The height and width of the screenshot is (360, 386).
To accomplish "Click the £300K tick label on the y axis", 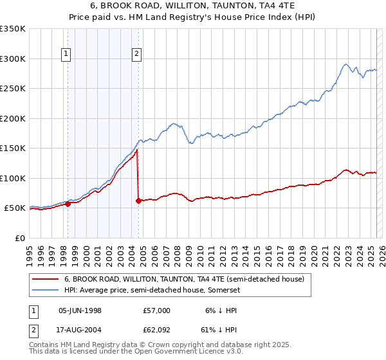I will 13,59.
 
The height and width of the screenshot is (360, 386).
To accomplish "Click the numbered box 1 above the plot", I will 67,55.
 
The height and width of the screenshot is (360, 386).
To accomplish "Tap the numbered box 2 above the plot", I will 137,55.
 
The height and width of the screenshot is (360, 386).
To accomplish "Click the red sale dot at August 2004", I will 138,201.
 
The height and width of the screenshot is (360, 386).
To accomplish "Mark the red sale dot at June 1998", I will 68,204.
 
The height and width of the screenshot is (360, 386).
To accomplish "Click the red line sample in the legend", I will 46,279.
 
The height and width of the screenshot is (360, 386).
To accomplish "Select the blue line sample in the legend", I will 46,290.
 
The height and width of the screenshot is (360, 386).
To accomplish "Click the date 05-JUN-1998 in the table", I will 80,310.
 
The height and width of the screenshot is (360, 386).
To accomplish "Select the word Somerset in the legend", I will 223,290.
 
